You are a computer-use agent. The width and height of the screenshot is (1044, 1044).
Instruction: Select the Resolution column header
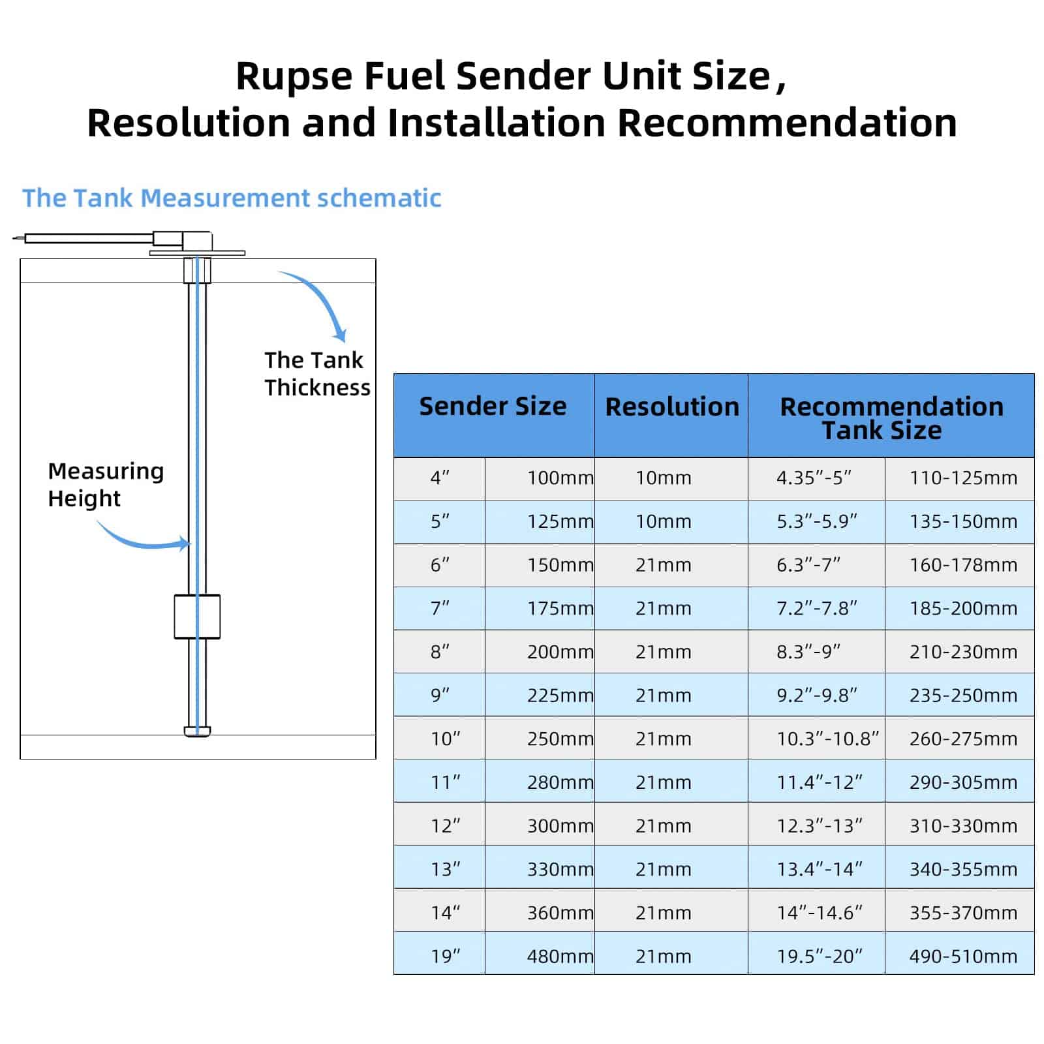point(671,407)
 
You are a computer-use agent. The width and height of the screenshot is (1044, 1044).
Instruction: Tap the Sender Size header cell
point(493,407)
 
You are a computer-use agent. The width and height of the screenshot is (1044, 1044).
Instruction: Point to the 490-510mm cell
point(963,957)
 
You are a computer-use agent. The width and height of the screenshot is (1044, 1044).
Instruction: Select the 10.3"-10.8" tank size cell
point(827,739)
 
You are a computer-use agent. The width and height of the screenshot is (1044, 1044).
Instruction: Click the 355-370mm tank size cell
point(963,913)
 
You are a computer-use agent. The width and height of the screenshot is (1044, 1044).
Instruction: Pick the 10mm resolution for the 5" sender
point(663,522)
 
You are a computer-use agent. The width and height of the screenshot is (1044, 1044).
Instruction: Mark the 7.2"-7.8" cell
point(816,609)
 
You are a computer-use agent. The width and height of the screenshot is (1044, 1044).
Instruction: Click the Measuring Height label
point(105,485)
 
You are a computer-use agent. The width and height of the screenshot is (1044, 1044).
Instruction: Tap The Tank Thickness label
point(316,374)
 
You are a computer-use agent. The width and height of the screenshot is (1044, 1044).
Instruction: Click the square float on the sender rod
point(197,617)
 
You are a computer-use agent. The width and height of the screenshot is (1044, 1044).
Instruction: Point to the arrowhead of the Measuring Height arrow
point(185,544)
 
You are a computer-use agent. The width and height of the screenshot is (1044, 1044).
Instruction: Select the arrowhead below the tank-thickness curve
point(339,335)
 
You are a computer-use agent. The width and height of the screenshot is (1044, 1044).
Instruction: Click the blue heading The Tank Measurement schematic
point(232,198)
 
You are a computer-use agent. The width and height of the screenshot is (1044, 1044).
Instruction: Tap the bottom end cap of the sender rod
point(197,731)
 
